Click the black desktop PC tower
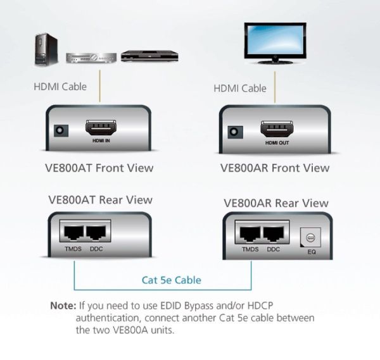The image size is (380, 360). click(x=46, y=49)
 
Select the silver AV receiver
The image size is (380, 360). click(x=91, y=58)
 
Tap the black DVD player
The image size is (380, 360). click(x=149, y=56)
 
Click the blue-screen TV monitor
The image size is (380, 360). click(x=275, y=43)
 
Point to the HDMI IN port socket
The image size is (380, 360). click(x=101, y=128)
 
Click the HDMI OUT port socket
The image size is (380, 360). click(x=277, y=129)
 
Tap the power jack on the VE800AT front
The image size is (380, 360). click(x=61, y=131)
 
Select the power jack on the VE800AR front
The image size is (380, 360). click(x=236, y=132)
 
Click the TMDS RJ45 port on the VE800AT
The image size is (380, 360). click(x=73, y=232)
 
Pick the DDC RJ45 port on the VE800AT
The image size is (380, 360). click(x=96, y=233)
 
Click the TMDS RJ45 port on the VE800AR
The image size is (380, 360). click(x=250, y=233)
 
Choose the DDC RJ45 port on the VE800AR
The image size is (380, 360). click(x=274, y=233)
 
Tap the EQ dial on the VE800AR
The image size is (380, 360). click(x=310, y=237)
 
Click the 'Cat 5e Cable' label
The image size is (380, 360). click(x=172, y=280)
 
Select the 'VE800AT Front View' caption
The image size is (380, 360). click(x=99, y=168)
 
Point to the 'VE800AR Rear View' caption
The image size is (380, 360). click(x=276, y=203)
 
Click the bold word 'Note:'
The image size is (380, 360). click(x=63, y=306)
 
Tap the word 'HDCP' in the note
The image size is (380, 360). click(x=260, y=306)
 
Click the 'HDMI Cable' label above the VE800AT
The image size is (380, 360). click(x=60, y=87)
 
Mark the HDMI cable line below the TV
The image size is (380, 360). click(x=275, y=87)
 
